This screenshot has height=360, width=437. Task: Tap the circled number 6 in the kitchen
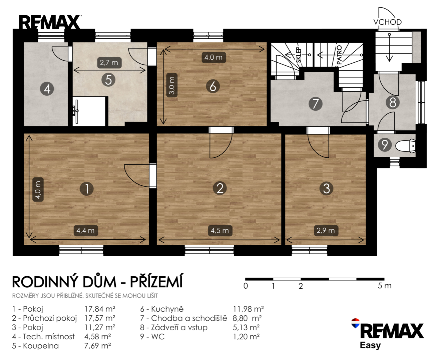[x=212, y=86]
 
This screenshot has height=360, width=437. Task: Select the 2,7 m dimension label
[x=109, y=63]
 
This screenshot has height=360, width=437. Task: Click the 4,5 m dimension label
[x=220, y=231]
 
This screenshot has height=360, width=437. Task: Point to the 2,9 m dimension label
[x=326, y=231]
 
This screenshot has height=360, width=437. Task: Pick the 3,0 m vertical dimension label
[x=172, y=85]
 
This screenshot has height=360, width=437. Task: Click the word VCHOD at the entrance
[x=388, y=22]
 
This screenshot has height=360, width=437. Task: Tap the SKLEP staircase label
[x=299, y=55]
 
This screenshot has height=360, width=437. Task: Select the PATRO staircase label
[x=339, y=55]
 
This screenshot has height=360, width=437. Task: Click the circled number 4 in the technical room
[x=47, y=89]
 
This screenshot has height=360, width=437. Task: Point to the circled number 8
[x=393, y=102]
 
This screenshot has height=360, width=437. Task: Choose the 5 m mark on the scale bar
[x=385, y=286]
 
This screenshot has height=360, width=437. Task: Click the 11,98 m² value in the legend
[x=249, y=309]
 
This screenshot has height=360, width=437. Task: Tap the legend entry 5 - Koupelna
[x=35, y=346]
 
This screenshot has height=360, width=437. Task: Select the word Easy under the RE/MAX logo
[x=370, y=346]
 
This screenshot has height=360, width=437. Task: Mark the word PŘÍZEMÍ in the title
[x=156, y=281]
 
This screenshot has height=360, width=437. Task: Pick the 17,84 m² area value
[x=100, y=309]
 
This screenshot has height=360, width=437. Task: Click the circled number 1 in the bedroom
[x=87, y=189]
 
